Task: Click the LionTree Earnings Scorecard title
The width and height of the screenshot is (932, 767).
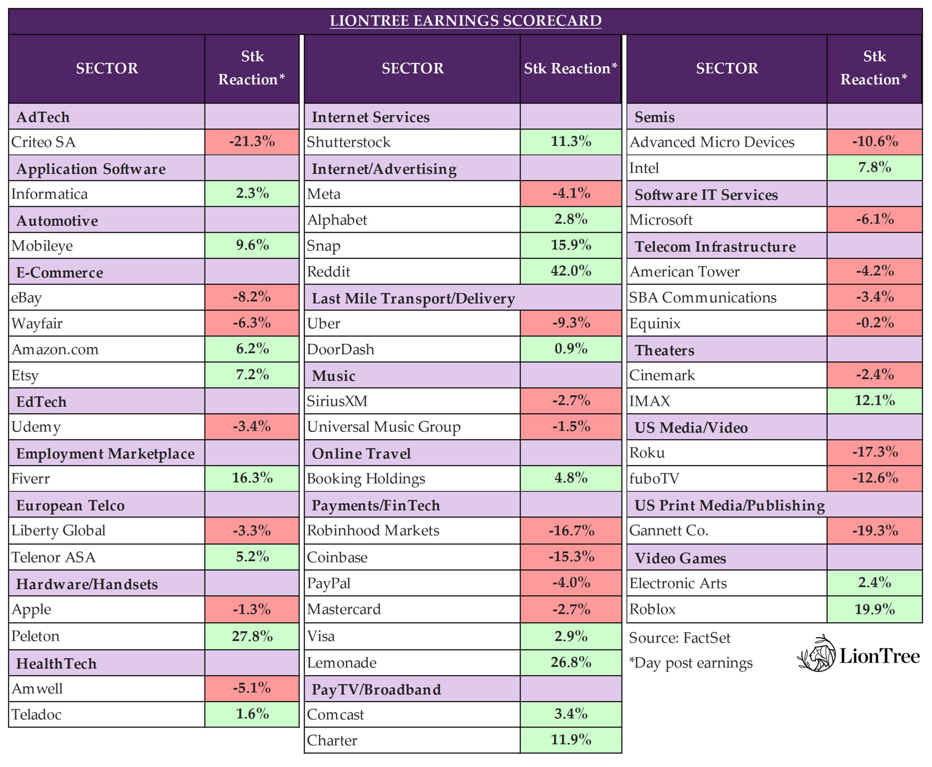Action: pyautogui.click(x=465, y=21)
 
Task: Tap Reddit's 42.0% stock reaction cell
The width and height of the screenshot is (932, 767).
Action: pyautogui.click(x=570, y=271)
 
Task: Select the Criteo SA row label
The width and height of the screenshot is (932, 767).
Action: pyautogui.click(x=43, y=142)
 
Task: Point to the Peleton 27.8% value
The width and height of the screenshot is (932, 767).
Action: pyautogui.click(x=252, y=636)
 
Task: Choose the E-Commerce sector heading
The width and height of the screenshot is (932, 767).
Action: pyautogui.click(x=60, y=272)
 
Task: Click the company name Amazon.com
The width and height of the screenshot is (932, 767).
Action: pyautogui.click(x=55, y=349)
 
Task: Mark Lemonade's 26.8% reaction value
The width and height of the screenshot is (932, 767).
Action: pyautogui.click(x=570, y=662)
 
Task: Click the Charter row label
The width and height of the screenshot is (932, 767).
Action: pyautogui.click(x=332, y=740)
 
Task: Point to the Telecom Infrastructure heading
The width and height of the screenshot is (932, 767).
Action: pyautogui.click(x=715, y=246)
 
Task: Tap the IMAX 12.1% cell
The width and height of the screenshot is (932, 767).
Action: pyautogui.click(x=874, y=400)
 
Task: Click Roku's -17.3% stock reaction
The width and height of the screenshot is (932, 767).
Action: pyautogui.click(x=874, y=452)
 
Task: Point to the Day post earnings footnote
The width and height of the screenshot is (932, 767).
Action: pyautogui.click(x=691, y=663)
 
